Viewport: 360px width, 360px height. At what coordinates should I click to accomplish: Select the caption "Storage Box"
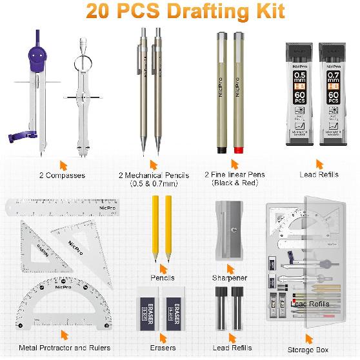312,350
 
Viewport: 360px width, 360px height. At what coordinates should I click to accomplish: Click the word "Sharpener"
230,277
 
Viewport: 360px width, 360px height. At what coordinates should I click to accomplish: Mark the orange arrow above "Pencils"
163,266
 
